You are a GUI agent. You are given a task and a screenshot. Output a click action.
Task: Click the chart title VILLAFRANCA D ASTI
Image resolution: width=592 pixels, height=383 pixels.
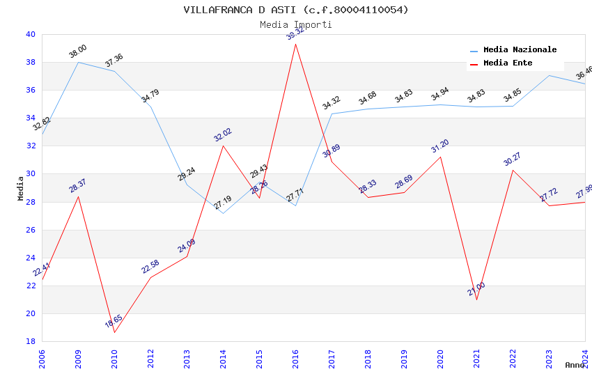point(296,10)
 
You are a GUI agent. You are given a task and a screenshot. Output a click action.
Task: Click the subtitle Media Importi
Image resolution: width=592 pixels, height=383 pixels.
point(296,25)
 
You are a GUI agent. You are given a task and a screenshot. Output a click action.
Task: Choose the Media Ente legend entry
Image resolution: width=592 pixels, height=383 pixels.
point(508,63)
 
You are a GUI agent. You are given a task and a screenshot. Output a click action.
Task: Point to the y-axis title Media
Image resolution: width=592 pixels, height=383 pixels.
point(21,188)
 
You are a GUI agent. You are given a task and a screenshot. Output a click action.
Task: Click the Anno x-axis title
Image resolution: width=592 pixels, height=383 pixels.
point(575,365)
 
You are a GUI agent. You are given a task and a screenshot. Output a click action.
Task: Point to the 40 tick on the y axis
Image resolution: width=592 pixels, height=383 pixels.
point(31,34)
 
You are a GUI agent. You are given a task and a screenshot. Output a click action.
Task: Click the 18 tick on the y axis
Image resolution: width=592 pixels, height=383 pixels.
point(31,341)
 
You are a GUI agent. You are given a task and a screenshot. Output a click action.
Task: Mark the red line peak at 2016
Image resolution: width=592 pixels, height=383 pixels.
point(295,44)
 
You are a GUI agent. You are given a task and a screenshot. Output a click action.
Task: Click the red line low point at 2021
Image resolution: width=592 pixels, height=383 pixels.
point(476,299)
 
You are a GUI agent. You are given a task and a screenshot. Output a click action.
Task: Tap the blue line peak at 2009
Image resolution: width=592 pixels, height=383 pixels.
point(78,62)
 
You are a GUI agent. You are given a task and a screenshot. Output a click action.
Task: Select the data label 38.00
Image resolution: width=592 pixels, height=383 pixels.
point(77,51)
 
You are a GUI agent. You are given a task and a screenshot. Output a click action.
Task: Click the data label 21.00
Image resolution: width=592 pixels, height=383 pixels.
point(476,289)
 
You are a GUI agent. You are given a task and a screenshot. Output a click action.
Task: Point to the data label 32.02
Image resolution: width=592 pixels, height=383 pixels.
point(223,135)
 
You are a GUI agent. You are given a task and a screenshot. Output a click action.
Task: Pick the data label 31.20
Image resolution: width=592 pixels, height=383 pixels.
point(440,146)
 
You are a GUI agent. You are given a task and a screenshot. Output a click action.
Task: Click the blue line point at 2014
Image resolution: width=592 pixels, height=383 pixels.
point(223,213)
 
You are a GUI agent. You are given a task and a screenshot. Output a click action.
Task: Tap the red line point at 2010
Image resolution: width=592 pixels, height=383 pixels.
point(114,332)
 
